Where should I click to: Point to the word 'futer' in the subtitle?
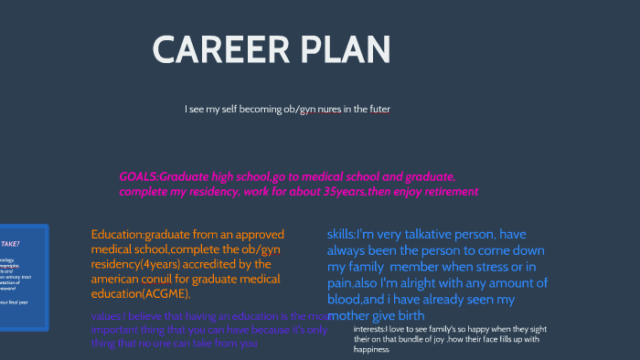tap(379, 110)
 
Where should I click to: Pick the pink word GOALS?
tap(138, 176)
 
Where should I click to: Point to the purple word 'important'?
tap(116, 330)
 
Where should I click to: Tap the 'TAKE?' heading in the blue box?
tap(11, 244)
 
